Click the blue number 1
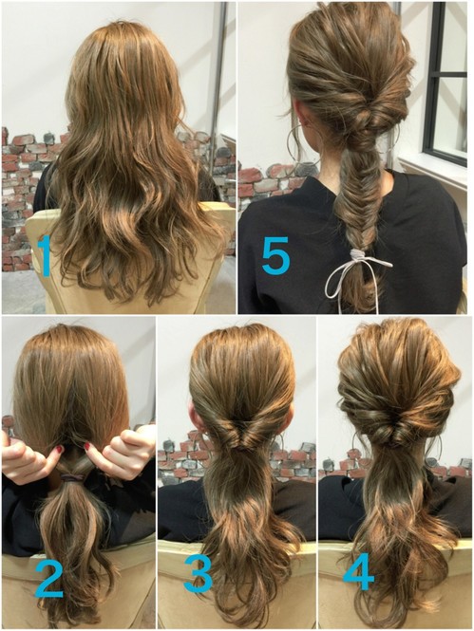pos(45,255)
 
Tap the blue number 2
pos(48,578)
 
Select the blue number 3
pos(199,574)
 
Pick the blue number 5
pos(275,255)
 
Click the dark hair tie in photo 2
pos(72,477)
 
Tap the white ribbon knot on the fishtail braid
pos(357,254)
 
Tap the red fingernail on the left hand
pos(60,448)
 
